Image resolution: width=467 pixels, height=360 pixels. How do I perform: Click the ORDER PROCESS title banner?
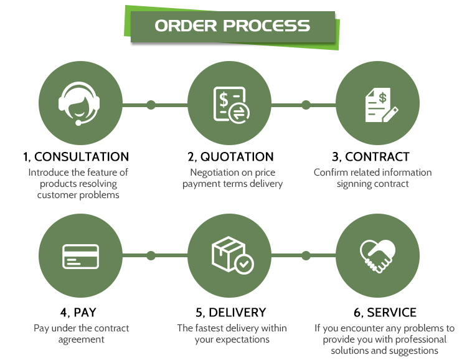click(232, 27)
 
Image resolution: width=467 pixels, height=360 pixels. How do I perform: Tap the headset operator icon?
click(79, 103)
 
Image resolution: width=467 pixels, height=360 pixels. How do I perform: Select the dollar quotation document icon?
click(232, 105)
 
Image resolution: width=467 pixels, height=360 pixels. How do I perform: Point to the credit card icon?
click(80, 257)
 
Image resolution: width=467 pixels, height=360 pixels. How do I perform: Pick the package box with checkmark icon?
click(233, 255)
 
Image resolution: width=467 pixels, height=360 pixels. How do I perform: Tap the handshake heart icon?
click(377, 256)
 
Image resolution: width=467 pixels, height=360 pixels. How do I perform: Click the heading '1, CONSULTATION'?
click(76, 157)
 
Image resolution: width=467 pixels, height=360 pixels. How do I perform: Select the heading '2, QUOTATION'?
click(230, 157)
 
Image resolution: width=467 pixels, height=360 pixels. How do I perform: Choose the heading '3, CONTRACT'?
click(371, 157)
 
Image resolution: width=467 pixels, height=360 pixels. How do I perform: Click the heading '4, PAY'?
click(78, 312)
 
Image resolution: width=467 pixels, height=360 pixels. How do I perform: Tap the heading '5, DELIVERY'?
click(231, 312)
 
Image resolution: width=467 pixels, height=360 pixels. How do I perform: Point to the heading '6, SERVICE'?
click(385, 312)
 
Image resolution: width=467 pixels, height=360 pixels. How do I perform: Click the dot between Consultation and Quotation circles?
click(151, 105)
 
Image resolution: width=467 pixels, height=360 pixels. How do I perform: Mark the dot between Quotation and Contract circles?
click(306, 105)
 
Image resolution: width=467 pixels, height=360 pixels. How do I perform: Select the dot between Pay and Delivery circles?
click(151, 255)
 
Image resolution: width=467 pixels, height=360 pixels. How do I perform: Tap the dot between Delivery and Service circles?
click(306, 255)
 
